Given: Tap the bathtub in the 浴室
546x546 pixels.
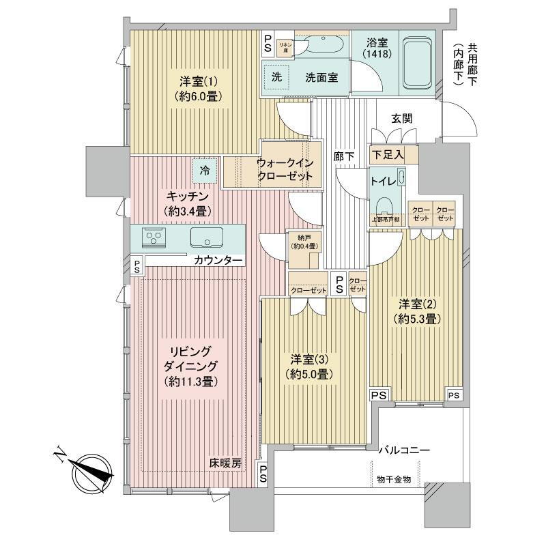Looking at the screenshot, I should (x=416, y=63).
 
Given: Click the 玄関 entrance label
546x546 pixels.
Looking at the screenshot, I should (x=401, y=118).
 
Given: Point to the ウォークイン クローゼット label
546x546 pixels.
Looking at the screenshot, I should (x=285, y=169).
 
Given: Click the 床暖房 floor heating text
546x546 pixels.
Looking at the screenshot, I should (x=225, y=463).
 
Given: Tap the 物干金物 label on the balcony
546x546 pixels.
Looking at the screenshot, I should (x=394, y=479).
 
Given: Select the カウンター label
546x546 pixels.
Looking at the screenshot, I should (x=217, y=261).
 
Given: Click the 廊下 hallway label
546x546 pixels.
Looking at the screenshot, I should (x=344, y=156).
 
